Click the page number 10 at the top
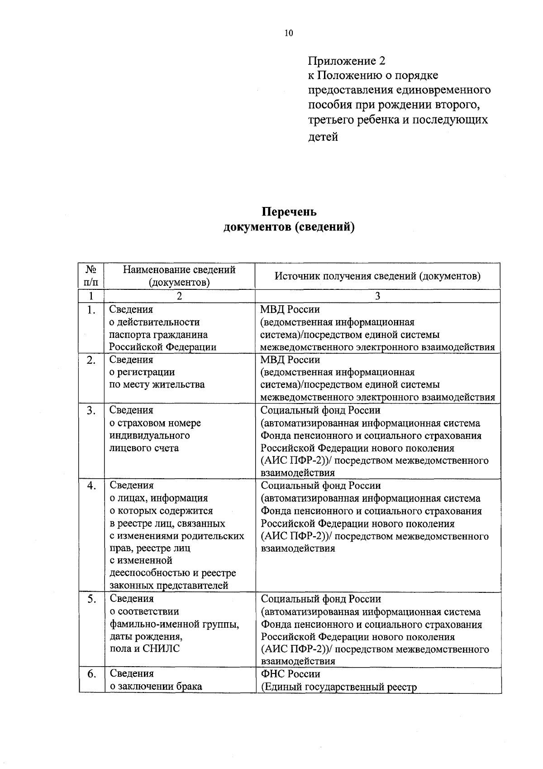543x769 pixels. (289, 33)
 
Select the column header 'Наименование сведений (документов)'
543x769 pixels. (179, 276)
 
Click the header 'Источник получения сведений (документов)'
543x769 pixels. (377, 276)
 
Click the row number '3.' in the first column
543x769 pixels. (91, 410)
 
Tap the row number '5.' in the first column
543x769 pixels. (91, 599)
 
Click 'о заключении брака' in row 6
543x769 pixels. (156, 686)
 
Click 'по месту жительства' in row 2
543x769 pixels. (157, 384)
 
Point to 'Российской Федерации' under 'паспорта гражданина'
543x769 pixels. (163, 347)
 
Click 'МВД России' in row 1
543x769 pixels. (290, 309)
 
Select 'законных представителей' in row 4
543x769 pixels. (169, 585)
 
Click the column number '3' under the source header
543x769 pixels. (377, 296)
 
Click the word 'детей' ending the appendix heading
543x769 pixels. (323, 136)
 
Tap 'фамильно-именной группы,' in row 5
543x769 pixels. (175, 624)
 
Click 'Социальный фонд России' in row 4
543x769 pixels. (320, 485)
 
